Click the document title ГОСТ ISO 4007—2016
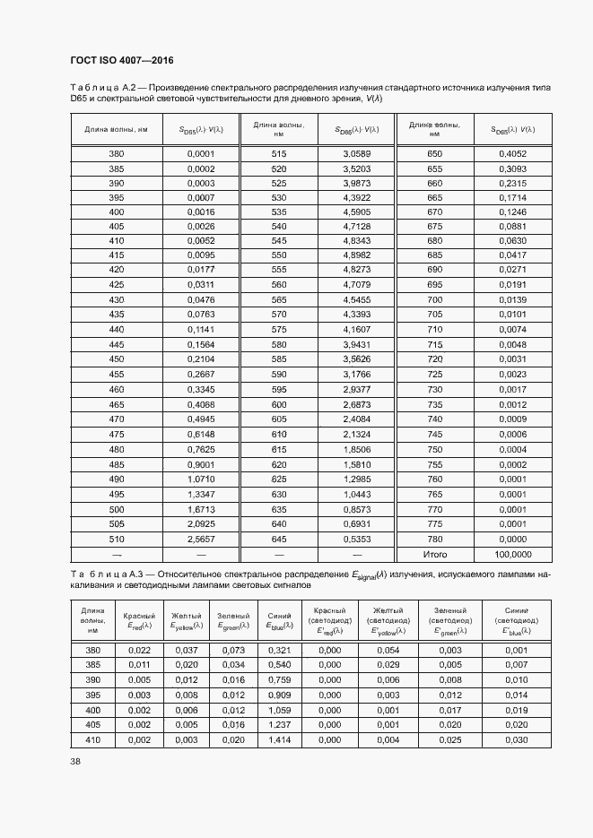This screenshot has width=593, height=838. (121, 61)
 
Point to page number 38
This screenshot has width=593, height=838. (75, 762)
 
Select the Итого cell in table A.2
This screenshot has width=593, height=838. (435, 555)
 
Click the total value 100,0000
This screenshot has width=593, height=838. (512, 555)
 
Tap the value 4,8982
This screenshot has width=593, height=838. (356, 255)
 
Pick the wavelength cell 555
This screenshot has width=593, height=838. (278, 270)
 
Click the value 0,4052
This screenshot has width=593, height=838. (512, 154)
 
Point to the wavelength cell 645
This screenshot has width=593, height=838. (278, 540)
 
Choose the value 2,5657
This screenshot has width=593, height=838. (201, 540)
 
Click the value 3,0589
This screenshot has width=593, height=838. (356, 154)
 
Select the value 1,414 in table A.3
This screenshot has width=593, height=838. (278, 739)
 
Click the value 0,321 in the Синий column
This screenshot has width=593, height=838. (278, 650)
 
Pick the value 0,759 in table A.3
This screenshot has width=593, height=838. (278, 680)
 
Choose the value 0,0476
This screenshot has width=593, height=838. (201, 298)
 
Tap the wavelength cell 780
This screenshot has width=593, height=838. (435, 540)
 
